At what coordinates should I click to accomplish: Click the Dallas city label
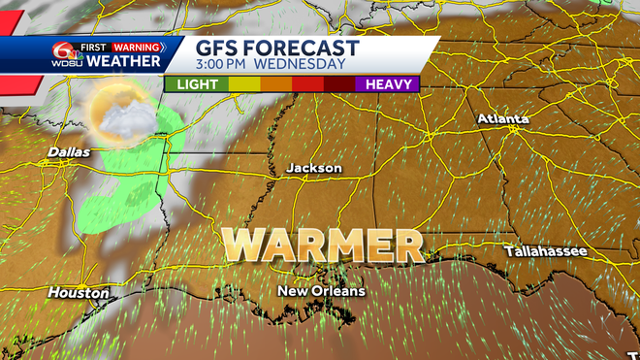[x=69, y=152]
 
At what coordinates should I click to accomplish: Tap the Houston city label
[x=79, y=292]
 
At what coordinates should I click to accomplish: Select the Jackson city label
[x=314, y=168]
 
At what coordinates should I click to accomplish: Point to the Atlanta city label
[x=503, y=118]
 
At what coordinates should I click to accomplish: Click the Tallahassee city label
[x=545, y=251]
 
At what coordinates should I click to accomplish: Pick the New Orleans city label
[x=321, y=291]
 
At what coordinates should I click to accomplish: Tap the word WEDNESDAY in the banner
[x=302, y=64]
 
